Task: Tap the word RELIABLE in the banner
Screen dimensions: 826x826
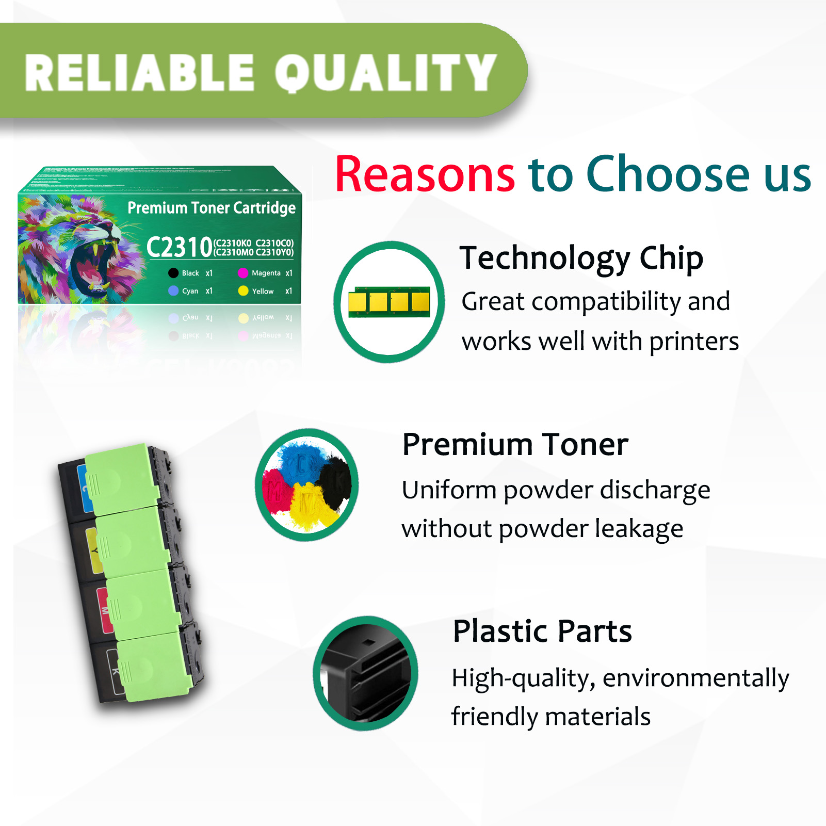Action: tap(139, 73)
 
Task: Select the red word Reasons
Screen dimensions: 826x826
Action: tap(425, 174)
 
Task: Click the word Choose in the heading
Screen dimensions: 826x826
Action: tap(668, 174)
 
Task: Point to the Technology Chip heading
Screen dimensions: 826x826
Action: tap(581, 257)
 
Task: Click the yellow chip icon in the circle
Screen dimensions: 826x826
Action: tap(389, 302)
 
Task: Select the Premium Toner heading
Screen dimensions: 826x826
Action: tap(515, 444)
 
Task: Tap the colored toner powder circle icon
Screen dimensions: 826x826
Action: tap(307, 485)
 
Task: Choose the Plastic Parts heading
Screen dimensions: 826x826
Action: tap(542, 630)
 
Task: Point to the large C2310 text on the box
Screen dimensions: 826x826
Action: tap(179, 248)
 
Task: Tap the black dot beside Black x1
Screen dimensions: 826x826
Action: tap(173, 273)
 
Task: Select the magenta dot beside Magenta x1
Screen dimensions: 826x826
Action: tap(243, 273)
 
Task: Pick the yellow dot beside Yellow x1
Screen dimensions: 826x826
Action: tap(243, 291)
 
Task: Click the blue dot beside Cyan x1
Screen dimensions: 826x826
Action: tap(173, 291)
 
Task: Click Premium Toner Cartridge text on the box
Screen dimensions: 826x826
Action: tap(211, 208)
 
